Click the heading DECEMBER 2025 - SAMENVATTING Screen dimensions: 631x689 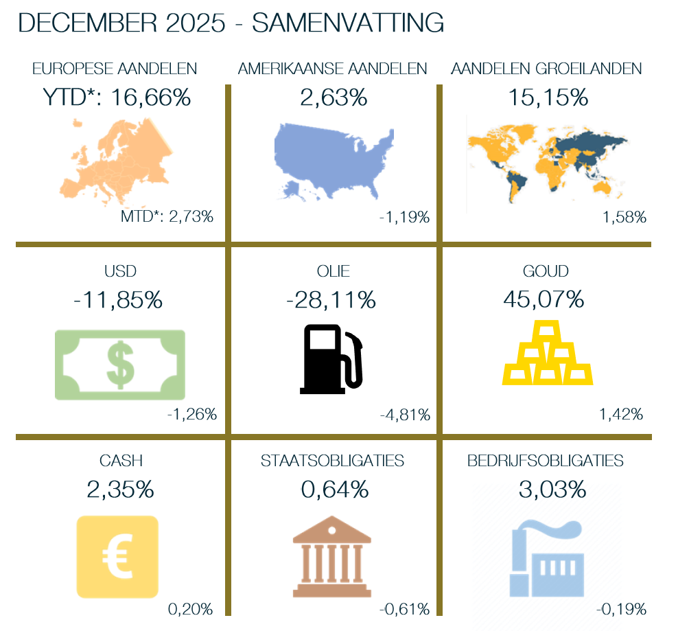pos(231,23)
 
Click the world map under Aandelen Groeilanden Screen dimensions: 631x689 pos(547,161)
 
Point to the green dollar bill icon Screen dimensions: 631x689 pos(120,365)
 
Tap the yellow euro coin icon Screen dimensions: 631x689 pos(117,556)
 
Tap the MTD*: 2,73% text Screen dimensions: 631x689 pos(167,217)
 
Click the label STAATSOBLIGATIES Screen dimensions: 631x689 pos(333,461)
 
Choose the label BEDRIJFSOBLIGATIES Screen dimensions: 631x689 pos(546,461)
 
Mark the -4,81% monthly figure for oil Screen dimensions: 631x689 pos(405,415)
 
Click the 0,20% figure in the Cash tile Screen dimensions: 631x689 pos(191,609)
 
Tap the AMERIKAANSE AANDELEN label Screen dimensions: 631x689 pos(333,69)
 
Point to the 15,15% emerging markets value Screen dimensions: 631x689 pos(548,97)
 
